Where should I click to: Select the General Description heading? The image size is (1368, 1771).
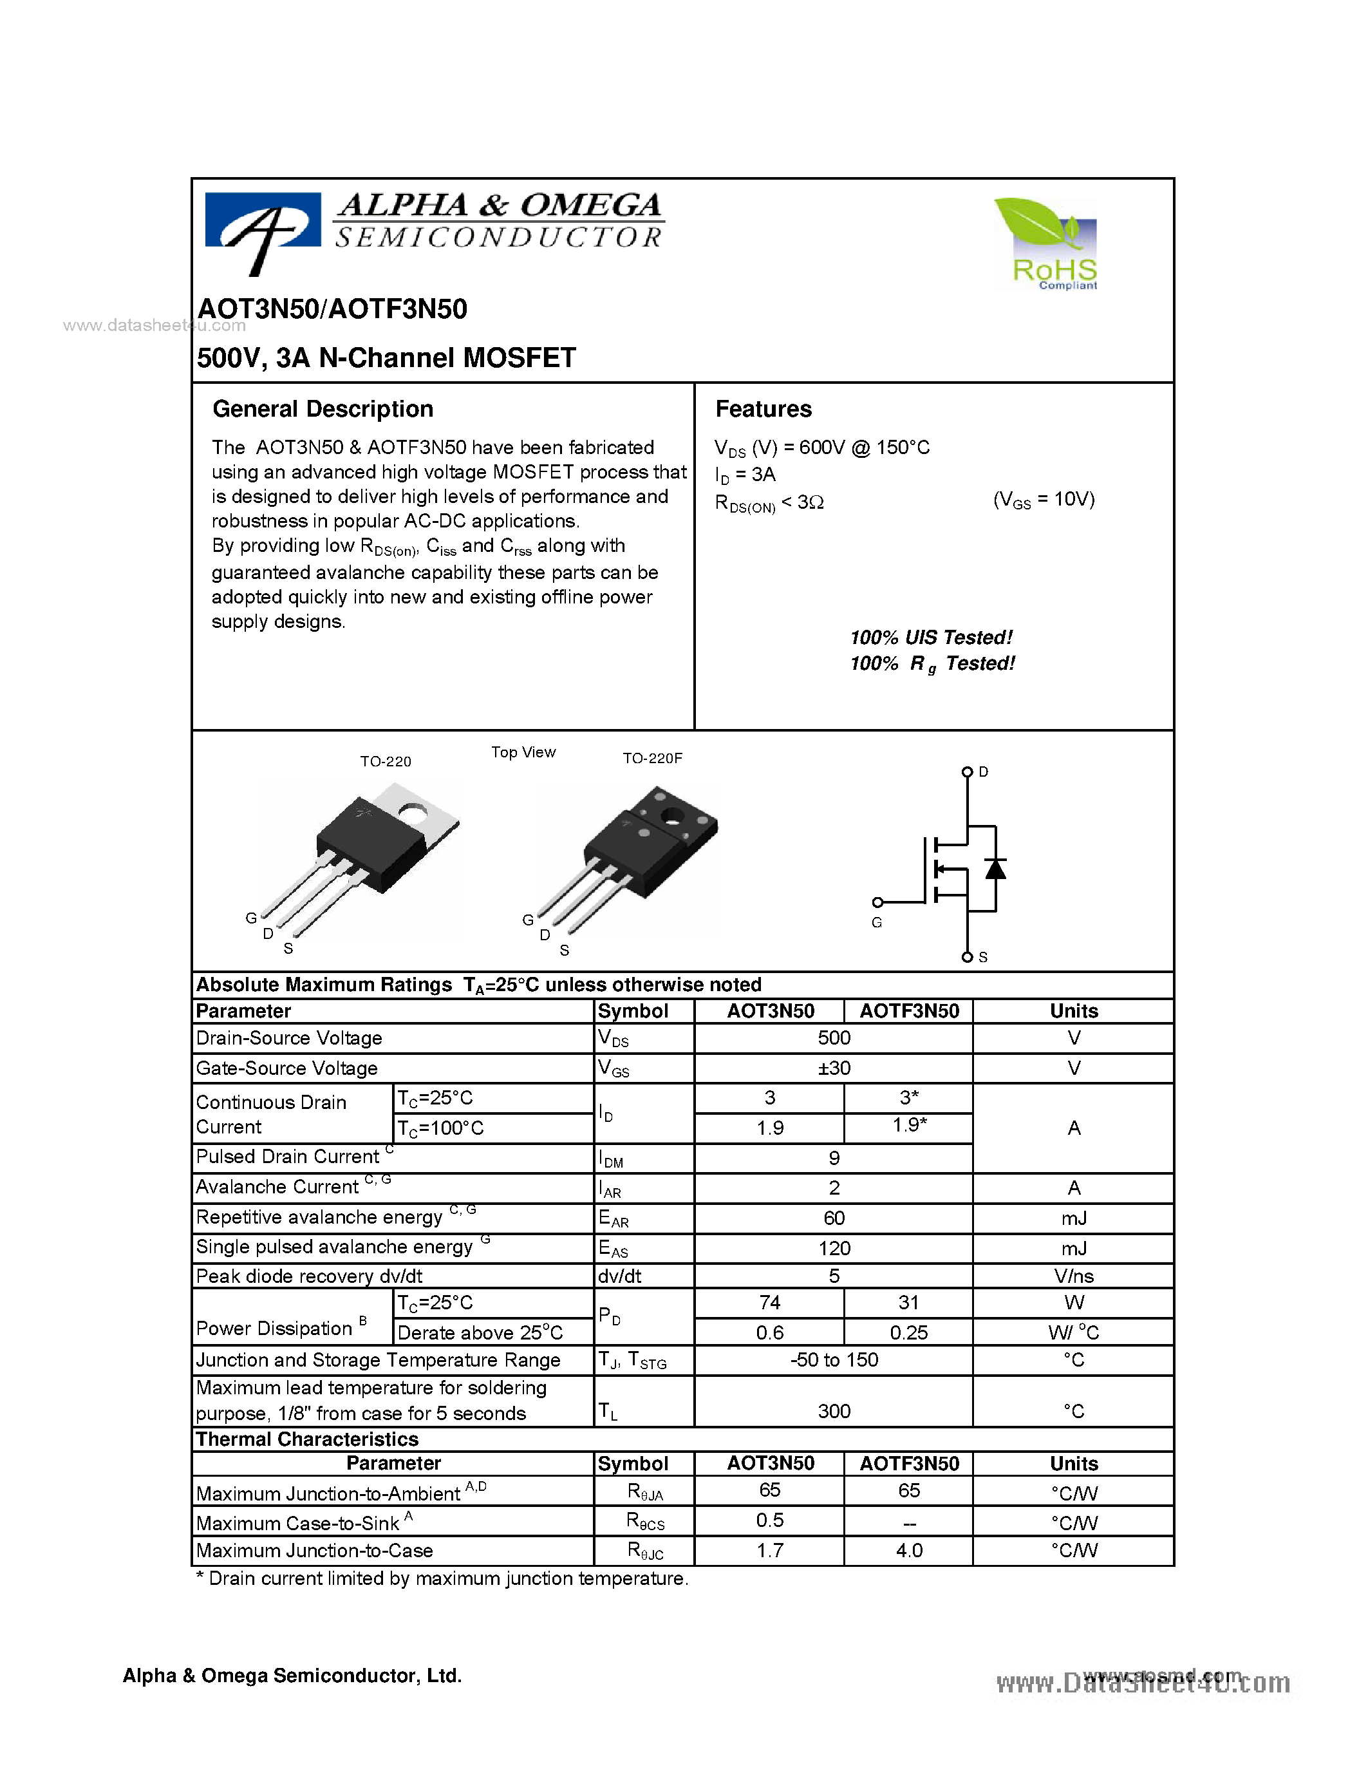(x=323, y=409)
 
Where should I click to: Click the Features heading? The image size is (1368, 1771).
(x=763, y=409)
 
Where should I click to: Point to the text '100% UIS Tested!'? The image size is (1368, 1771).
(x=930, y=638)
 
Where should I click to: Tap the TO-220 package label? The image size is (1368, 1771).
(x=385, y=761)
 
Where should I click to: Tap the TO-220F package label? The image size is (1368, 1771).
(x=651, y=758)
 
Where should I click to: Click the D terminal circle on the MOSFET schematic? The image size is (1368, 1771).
(x=967, y=772)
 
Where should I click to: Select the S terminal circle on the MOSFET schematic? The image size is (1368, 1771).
(x=967, y=957)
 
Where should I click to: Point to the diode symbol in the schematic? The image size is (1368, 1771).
(x=995, y=869)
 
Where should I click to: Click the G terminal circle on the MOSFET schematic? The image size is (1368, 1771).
(x=877, y=902)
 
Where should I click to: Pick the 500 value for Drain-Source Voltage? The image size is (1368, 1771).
(x=833, y=1038)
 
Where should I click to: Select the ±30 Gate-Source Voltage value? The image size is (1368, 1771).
(x=833, y=1068)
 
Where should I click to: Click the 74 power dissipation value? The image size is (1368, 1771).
(x=769, y=1302)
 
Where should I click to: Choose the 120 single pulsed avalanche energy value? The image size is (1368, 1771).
(x=833, y=1248)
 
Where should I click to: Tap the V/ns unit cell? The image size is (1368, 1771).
(x=1073, y=1276)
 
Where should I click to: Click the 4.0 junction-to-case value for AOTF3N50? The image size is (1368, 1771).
(x=908, y=1551)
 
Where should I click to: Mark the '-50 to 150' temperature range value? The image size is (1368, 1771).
(x=833, y=1360)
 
